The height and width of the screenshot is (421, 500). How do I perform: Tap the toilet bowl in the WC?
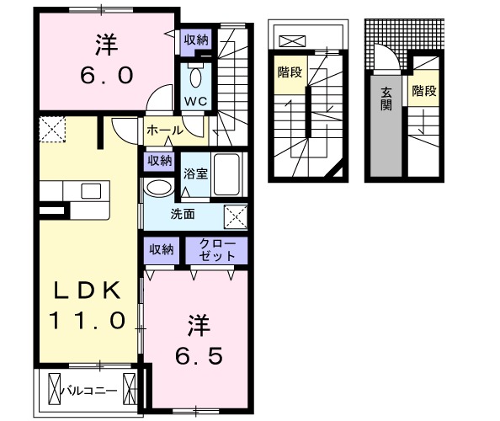(195, 77)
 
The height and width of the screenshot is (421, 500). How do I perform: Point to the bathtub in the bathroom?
(227, 173)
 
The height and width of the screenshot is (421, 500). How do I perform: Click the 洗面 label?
(184, 214)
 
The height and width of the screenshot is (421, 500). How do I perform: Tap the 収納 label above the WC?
(196, 40)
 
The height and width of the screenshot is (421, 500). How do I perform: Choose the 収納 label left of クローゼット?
(162, 248)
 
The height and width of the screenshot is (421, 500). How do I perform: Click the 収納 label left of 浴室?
(160, 160)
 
